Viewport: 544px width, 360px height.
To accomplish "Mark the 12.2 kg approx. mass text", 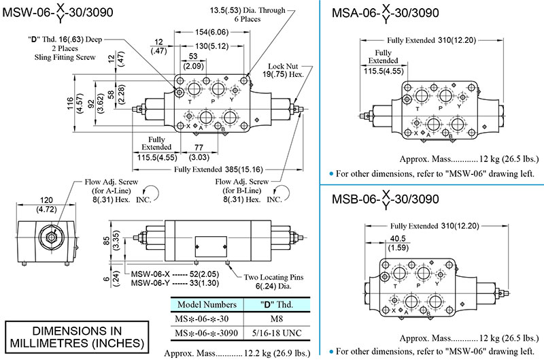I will click(x=237, y=353).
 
